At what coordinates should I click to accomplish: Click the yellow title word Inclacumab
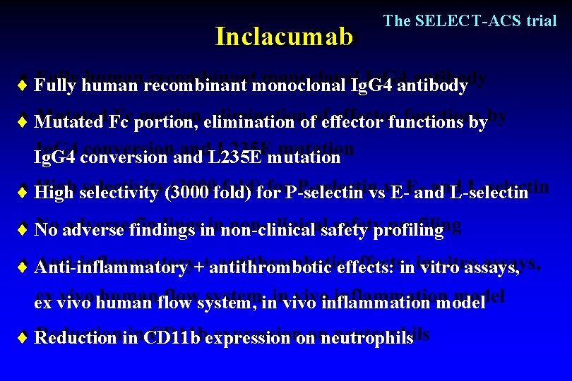click(283, 37)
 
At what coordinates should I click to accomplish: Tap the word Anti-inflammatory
click(111, 268)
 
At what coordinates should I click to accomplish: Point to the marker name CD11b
click(172, 338)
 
